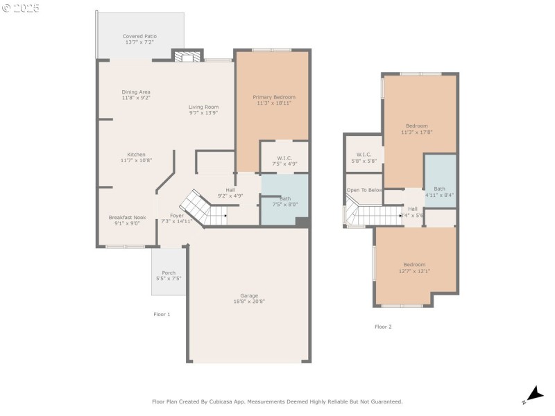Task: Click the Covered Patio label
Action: pos(139,40)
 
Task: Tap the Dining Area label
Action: pos(136,95)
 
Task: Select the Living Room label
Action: pos(204,110)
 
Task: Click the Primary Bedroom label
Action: pos(274,100)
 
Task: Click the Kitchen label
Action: pos(136,157)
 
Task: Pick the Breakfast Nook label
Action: pos(127,220)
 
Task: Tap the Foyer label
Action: pos(171,218)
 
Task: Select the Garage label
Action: pos(249,298)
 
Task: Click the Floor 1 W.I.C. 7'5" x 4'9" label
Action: pos(284,161)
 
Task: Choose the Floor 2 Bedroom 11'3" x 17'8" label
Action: pos(417,129)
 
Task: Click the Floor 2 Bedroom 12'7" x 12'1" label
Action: pos(414,268)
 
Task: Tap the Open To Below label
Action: pos(364,190)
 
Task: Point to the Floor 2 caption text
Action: pos(383,327)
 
